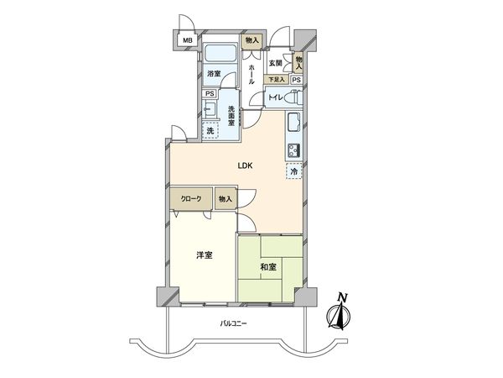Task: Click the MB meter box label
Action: (187, 40)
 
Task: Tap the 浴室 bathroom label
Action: (214, 74)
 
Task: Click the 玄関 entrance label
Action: (275, 63)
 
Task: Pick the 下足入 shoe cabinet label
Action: (276, 79)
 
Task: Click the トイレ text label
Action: (274, 98)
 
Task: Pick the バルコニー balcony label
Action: (234, 323)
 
